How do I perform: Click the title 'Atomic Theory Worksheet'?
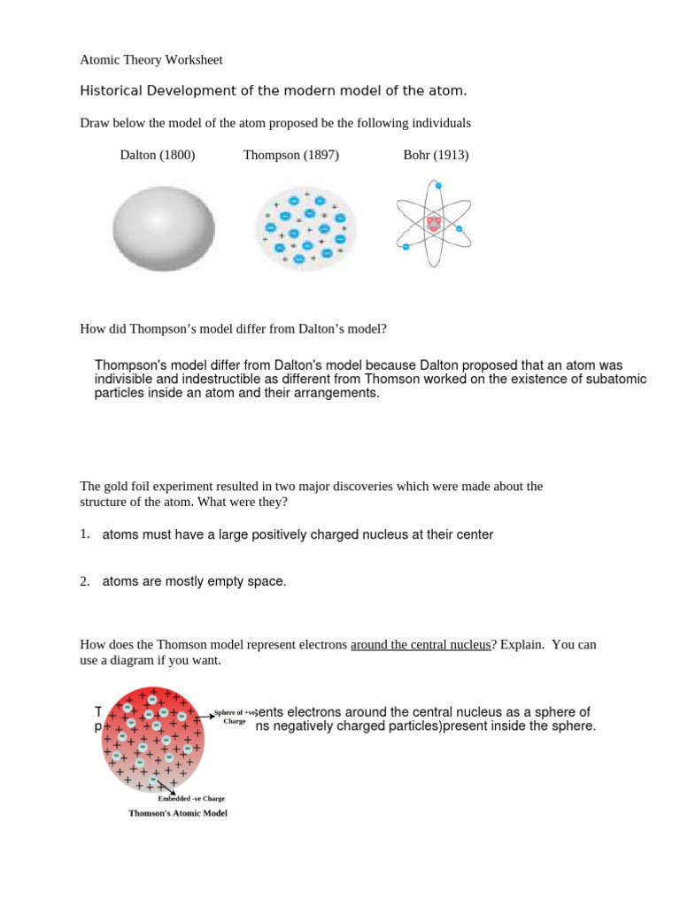coord(151,60)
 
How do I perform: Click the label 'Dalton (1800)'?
coord(158,155)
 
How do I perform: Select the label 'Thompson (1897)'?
coord(291,155)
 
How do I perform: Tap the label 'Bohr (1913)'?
coord(436,155)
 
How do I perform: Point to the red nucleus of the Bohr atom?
coord(434,224)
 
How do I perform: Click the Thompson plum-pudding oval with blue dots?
coord(305,227)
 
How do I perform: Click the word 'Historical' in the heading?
coord(110,91)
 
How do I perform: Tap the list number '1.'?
coord(85,534)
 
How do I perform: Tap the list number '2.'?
coord(85,581)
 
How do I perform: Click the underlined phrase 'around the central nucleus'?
coord(421,645)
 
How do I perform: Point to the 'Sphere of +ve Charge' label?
coord(235,717)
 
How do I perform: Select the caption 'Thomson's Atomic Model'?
coord(178,813)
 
